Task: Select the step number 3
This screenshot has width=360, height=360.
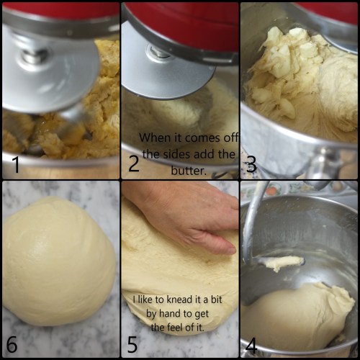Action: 251,164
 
